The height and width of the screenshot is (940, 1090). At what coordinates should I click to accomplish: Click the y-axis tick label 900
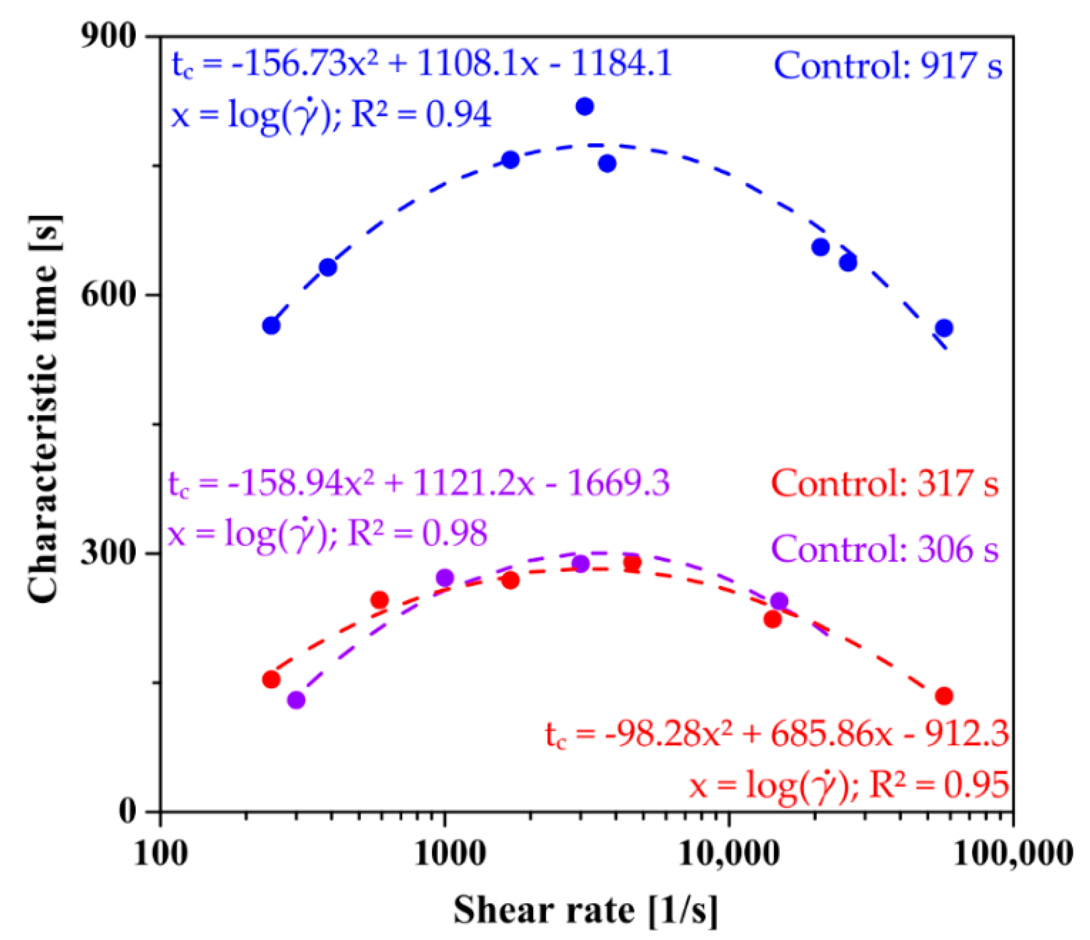click(107, 37)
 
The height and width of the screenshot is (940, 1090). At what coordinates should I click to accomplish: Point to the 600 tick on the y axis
click(107, 295)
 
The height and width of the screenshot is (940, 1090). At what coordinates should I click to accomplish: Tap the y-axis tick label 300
click(107, 554)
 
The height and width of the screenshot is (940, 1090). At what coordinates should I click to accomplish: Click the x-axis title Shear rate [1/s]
click(585, 910)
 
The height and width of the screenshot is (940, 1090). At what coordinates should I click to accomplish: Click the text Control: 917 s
click(888, 67)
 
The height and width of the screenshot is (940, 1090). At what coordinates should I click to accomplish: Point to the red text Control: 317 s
click(885, 483)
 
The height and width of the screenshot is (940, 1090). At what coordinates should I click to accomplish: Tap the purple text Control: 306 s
click(885, 549)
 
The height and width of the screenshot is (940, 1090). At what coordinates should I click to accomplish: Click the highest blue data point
click(584, 107)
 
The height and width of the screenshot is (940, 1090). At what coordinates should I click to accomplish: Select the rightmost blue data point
click(944, 328)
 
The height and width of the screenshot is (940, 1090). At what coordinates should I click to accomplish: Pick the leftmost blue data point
click(271, 325)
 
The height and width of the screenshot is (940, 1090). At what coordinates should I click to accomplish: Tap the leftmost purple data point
click(297, 700)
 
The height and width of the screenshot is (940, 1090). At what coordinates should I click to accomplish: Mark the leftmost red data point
click(271, 679)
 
